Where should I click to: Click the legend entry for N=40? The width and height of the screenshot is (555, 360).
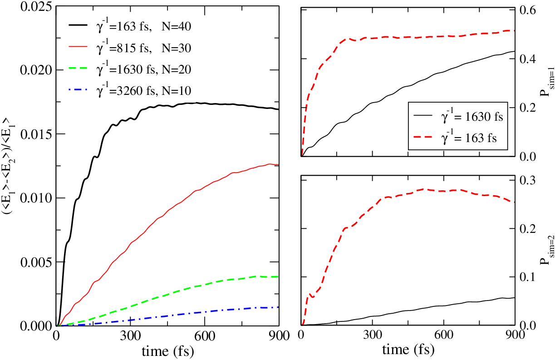tap(130, 26)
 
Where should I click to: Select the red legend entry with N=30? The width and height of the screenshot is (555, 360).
tap(130, 48)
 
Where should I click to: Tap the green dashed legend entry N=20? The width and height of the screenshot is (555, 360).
tap(130, 69)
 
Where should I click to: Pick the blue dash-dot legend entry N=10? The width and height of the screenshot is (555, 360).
tap(130, 91)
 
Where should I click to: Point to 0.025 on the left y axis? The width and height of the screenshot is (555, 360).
tap(36, 7)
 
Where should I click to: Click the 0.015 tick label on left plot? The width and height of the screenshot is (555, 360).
tap(36, 134)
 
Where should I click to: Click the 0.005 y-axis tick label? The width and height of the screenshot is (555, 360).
tap(36, 262)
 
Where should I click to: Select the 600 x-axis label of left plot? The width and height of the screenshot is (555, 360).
tap(205, 336)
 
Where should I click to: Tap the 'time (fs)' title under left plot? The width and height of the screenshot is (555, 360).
tap(168, 351)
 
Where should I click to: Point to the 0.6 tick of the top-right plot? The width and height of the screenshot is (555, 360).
tap(527, 10)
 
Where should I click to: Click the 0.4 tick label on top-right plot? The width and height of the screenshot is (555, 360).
tap(527, 59)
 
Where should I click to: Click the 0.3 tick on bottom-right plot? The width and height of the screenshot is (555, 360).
tap(527, 180)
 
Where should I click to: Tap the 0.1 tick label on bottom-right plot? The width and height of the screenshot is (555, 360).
tap(527, 277)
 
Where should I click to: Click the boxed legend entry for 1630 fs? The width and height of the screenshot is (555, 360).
tap(458, 116)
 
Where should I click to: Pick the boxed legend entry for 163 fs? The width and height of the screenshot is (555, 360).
tap(455, 138)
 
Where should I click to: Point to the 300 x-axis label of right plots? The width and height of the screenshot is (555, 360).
tap(373, 335)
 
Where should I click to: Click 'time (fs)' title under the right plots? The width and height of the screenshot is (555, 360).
tap(408, 350)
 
